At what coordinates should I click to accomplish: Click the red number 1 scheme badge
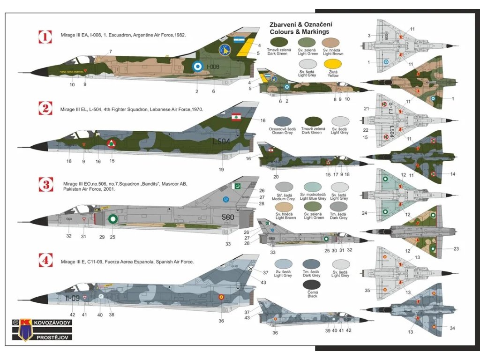coord(45,37)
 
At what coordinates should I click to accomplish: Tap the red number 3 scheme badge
coord(45,184)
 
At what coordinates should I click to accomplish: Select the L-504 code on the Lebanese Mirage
coord(222,141)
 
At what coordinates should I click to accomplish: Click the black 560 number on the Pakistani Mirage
coord(228,217)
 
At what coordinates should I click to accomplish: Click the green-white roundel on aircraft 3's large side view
coord(113,218)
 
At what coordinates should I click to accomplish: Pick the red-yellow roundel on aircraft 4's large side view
coord(221,296)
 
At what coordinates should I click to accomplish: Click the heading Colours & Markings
coord(300,32)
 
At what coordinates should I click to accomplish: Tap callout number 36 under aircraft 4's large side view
coord(221,321)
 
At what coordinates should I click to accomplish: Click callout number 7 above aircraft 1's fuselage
coord(111,51)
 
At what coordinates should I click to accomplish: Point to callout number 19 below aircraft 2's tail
coord(221,169)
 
